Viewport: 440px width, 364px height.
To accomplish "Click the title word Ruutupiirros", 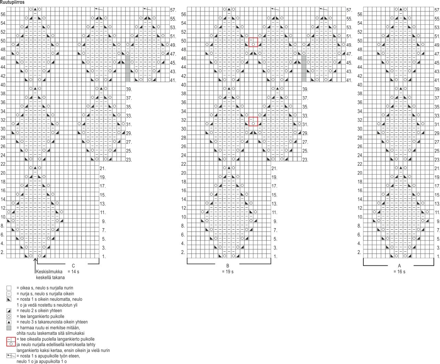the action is (x=12, y=2).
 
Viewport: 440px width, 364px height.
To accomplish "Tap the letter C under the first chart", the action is (x=73, y=266).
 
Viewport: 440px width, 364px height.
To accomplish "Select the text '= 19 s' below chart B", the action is (x=228, y=272).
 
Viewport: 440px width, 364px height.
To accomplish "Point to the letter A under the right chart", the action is (x=399, y=266).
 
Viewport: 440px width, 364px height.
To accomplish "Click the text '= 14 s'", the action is (x=73, y=272).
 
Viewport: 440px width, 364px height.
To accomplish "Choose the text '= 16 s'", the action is (x=399, y=272).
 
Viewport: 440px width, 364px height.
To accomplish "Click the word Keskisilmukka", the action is (x=49, y=272).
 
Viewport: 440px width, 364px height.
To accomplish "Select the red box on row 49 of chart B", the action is (x=253, y=42).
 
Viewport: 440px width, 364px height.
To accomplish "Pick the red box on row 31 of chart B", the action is (x=253, y=121).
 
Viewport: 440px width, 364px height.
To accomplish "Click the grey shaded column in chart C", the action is (x=128, y=69).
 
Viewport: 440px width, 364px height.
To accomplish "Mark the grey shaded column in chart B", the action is (x=304, y=69).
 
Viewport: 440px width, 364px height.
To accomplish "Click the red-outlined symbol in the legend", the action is (x=11, y=341).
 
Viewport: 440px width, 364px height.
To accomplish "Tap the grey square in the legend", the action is (x=9, y=328).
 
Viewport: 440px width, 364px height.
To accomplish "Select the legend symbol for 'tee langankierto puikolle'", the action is (x=9, y=317).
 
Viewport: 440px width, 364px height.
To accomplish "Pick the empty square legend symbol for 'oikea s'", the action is (x=9, y=288).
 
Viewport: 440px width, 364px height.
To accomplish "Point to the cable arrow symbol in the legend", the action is (x=11, y=356).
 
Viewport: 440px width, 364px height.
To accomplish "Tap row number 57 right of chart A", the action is (x=437, y=10).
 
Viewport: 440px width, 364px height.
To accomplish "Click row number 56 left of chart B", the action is (x=184, y=14).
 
